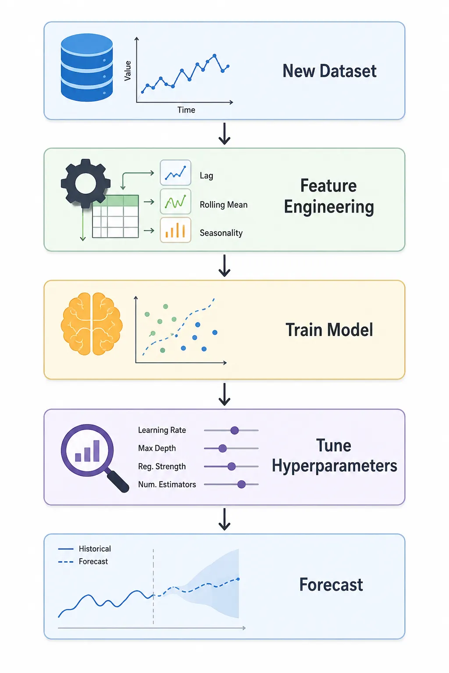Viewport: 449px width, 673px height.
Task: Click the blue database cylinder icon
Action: click(87, 67)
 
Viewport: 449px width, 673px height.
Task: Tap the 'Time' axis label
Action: click(186, 110)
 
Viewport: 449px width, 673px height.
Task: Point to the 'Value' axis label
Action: click(128, 71)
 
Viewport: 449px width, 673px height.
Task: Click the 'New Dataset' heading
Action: click(329, 71)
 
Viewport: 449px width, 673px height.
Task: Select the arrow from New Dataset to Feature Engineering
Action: click(224, 133)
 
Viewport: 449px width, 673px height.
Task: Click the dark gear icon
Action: click(86, 183)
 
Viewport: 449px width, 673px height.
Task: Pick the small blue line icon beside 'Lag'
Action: click(175, 173)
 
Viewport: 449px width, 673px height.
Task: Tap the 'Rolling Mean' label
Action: click(224, 205)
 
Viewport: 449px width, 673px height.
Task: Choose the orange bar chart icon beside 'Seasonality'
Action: click(175, 230)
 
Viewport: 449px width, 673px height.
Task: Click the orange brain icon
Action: click(92, 324)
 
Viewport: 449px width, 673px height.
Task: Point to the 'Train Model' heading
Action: click(329, 329)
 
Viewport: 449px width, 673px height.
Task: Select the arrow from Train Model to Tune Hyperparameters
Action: click(224, 394)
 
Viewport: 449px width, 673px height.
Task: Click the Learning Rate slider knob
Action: click(235, 430)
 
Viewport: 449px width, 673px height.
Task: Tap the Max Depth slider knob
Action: click(223, 448)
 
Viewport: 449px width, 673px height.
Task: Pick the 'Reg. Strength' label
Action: click(162, 466)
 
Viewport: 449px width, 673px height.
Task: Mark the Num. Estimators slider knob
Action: click(242, 484)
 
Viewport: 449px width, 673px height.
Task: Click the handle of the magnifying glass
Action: click(118, 482)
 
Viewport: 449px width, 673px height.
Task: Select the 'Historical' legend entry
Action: click(85, 549)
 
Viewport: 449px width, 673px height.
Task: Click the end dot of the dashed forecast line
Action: click(238, 579)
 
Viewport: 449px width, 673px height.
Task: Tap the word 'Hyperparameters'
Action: click(335, 466)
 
